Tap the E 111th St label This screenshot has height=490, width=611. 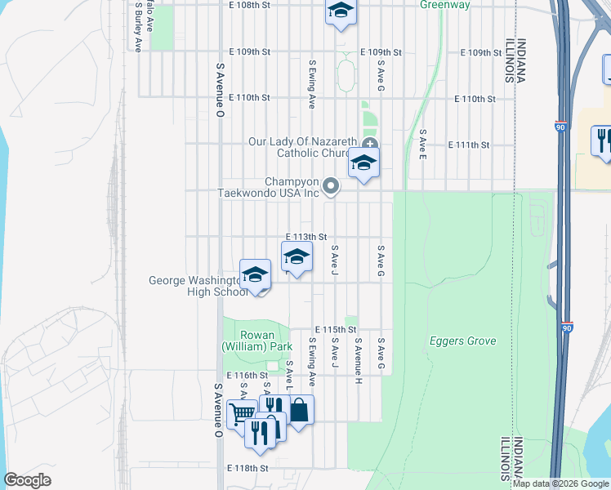(x=469, y=145)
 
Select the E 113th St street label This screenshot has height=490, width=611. (x=307, y=237)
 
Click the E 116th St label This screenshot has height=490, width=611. (x=247, y=375)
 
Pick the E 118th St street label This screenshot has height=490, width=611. (x=248, y=469)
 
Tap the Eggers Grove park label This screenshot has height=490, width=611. (x=463, y=341)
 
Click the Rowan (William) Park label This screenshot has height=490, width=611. (x=256, y=341)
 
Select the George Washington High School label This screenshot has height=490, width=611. (x=194, y=286)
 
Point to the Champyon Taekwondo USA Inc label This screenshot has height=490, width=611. (x=268, y=188)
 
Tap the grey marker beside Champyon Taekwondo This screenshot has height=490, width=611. (x=331, y=187)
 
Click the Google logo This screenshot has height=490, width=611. (x=28, y=480)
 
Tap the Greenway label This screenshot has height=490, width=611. (x=445, y=5)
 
